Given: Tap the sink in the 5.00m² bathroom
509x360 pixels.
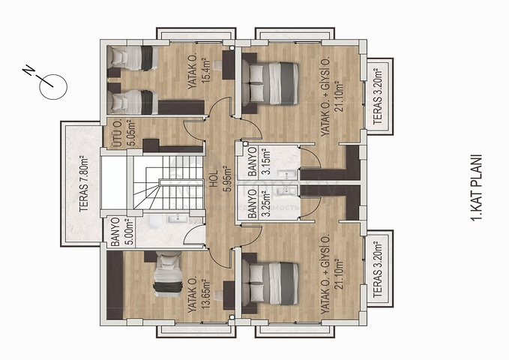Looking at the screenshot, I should click(177, 220).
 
